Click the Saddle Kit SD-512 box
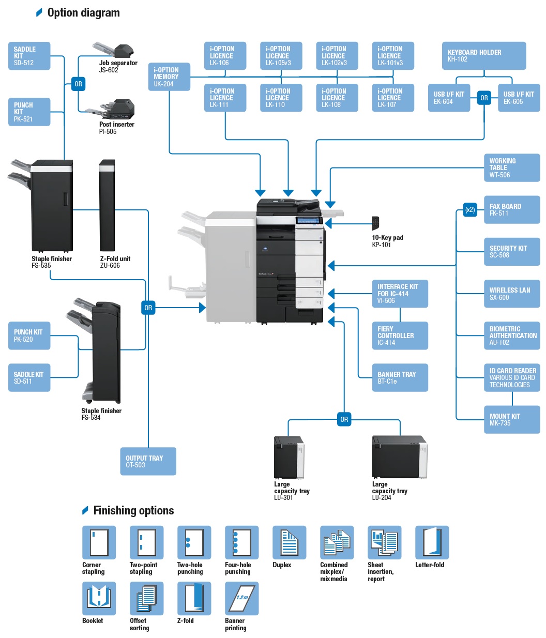[x=29, y=56]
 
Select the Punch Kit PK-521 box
[x=29, y=112]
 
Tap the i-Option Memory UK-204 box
[x=169, y=77]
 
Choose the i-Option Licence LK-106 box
[x=225, y=56]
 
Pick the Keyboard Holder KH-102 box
[x=483, y=56]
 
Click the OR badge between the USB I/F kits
[x=484, y=98]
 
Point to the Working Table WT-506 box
[x=511, y=168]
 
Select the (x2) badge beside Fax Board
[x=470, y=209]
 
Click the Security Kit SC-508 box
[x=511, y=252]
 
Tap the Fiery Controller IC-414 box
[x=400, y=336]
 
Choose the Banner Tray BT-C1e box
[x=400, y=377]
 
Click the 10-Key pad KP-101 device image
[x=375, y=223]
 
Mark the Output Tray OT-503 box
[x=148, y=461]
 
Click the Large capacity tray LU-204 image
[x=399, y=457]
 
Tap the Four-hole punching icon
[x=241, y=542]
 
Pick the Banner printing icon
[x=241, y=598]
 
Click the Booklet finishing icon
[x=99, y=598]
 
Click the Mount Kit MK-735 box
[x=511, y=419]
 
